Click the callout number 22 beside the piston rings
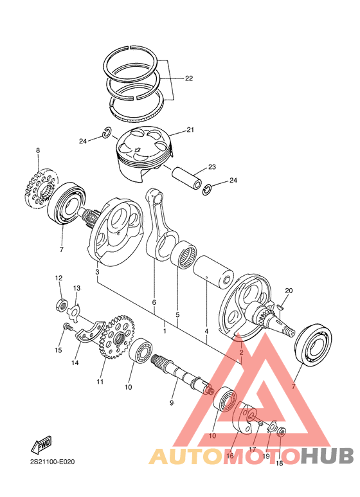coord(188,78)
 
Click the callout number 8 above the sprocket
coord(37,150)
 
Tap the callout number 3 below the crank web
coord(97,273)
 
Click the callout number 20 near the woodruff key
coord(289,291)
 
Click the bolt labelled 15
coord(66,328)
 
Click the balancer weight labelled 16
coord(246,419)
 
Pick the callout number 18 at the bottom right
coord(279,463)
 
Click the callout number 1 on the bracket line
coord(165,330)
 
